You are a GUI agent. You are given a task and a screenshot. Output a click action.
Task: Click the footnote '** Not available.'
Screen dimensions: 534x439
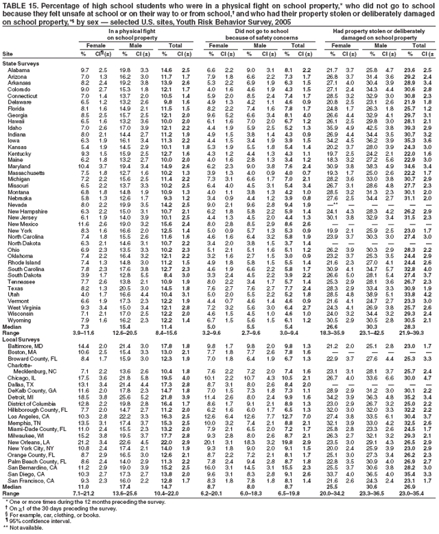pos(31,530)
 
